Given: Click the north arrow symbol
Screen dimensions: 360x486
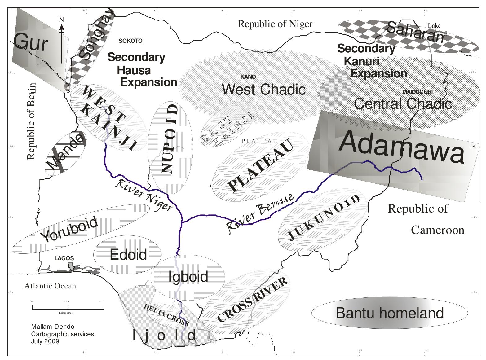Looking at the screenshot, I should [62, 40].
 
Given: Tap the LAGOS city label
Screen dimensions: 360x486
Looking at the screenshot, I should [64, 258].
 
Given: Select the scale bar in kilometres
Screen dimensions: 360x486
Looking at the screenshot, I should [68, 307].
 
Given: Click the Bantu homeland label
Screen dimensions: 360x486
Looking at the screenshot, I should [390, 313].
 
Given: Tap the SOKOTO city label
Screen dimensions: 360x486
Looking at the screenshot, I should [130, 41].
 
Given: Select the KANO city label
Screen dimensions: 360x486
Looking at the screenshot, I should [248, 77].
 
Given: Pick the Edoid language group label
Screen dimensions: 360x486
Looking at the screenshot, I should [128, 255].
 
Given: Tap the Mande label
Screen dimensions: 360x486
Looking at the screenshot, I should [65, 153].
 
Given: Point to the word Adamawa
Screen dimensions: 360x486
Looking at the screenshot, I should [402, 147].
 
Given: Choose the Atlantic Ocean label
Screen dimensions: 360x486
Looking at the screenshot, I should [50, 286].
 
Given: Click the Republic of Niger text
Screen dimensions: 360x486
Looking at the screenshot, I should [275, 24].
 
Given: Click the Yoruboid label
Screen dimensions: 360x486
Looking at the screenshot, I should [69, 230].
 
